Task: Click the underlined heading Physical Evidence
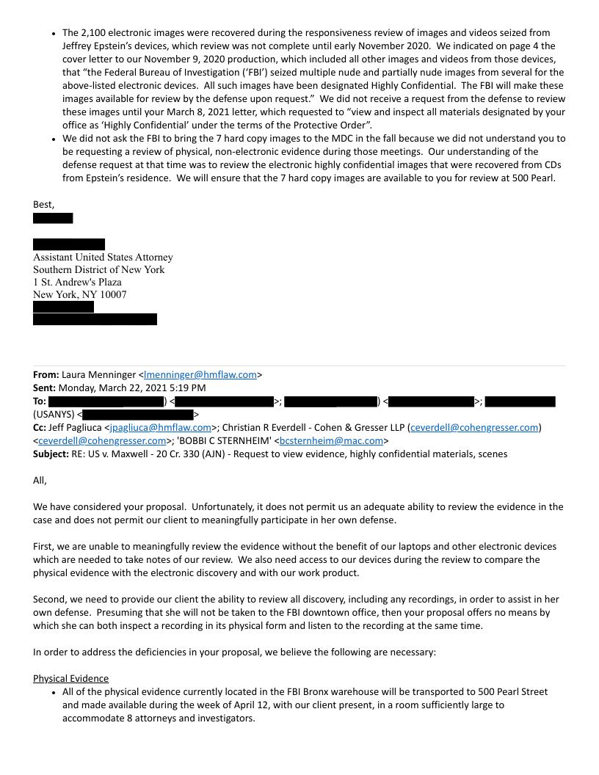coord(70,679)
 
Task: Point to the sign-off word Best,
coord(44,204)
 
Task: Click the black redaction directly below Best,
coord(53,218)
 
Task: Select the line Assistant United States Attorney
coord(103,258)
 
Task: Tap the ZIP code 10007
coord(112,295)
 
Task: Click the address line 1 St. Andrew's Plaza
coord(77,283)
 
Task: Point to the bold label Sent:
coord(45,388)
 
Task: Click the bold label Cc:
coord(40,428)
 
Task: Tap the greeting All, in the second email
coord(40,481)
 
